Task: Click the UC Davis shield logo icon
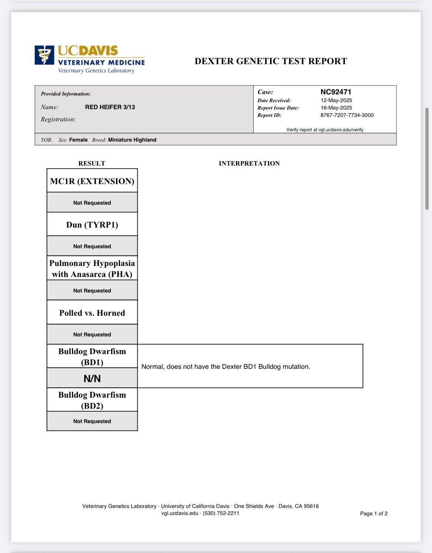(45, 55)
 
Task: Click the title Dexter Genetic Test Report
(271, 61)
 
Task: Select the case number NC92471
(336, 92)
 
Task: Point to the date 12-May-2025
(336, 100)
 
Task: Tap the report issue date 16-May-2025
(336, 108)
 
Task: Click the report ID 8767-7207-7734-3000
(347, 115)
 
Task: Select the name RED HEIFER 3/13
(110, 107)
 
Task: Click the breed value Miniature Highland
(132, 140)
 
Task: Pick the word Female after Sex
(78, 140)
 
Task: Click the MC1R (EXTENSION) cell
(92, 181)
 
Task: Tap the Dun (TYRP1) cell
(92, 225)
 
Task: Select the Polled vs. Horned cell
(92, 313)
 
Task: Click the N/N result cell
(92, 379)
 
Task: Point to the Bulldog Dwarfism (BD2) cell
(92, 400)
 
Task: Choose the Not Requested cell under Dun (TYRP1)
(92, 246)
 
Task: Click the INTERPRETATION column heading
(249, 163)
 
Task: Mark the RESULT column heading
(92, 163)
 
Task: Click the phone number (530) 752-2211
(221, 513)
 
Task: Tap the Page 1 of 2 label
(374, 514)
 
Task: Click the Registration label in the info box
(58, 119)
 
